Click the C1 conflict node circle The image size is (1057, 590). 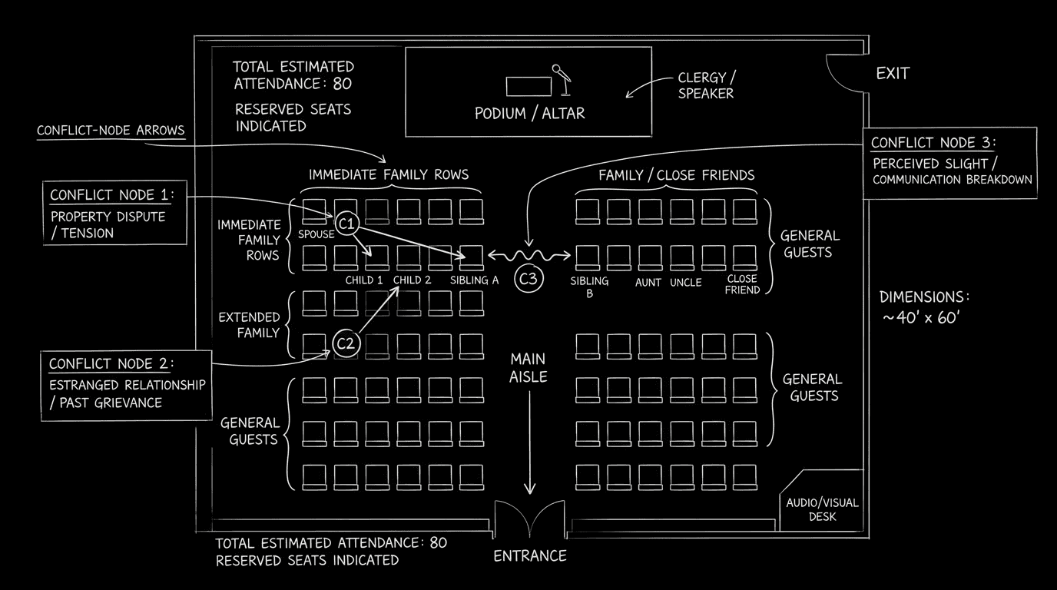tap(347, 224)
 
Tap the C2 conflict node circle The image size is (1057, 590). tap(346, 343)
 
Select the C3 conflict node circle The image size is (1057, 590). tap(528, 279)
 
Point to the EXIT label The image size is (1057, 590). tap(893, 74)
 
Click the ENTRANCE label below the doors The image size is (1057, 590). tap(530, 555)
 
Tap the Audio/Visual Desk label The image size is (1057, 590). tap(822, 509)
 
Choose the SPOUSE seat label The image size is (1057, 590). tap(316, 234)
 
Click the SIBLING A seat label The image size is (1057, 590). tap(474, 280)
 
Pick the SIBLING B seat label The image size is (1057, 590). tap(589, 287)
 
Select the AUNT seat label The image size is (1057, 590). tap(648, 283)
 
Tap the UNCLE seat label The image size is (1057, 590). tap(685, 283)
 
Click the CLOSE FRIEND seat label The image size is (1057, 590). tap(742, 284)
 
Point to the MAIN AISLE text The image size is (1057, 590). tap(528, 367)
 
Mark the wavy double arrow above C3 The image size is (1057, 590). tap(530, 255)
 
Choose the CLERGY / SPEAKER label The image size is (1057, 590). tap(705, 85)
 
